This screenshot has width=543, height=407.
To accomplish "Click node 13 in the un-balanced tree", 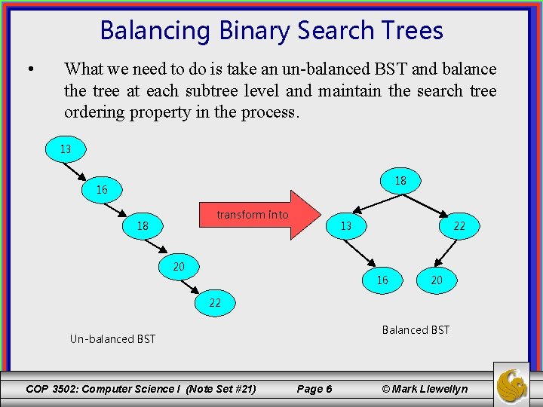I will coord(66,149).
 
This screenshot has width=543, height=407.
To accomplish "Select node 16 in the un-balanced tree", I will coord(102,190).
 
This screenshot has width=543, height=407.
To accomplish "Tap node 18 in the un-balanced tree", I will coord(143,226).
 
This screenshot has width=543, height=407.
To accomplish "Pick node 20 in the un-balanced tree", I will coord(179,266).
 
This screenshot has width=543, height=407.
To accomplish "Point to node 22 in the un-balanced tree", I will coord(215,303).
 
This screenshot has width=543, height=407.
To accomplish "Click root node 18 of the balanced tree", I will coord(400,181).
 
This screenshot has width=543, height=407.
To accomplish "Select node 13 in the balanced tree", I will coord(346,226).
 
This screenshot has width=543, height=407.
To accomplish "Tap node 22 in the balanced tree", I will coord(459,226).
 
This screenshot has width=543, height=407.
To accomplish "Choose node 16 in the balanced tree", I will coord(382,280).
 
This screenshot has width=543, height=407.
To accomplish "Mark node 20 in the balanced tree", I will coord(437,280).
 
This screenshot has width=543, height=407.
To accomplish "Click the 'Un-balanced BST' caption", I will coord(112,339).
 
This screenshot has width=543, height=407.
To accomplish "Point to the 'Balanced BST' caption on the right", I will coord(416,330).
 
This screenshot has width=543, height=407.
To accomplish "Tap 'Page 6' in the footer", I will coord(314,389).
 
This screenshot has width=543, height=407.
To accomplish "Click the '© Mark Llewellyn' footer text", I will coord(424,389).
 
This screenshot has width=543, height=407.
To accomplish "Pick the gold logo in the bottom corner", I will coord(512,384).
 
